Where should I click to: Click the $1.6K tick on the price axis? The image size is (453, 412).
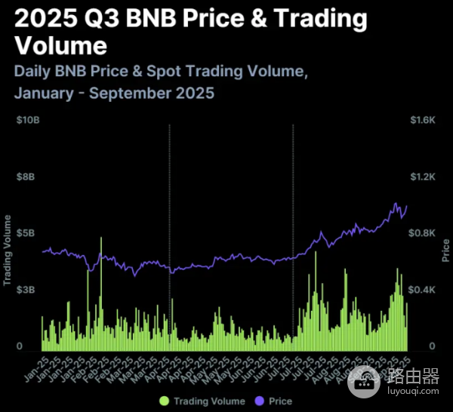(424, 120)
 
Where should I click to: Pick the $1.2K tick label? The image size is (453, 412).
(424, 177)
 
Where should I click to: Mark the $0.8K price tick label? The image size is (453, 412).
(424, 233)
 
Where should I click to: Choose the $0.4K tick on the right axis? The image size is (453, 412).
(424, 290)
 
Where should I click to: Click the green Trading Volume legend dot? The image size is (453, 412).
(164, 401)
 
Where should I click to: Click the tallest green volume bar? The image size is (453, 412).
(100, 294)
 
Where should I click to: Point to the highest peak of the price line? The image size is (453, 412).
(395, 203)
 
